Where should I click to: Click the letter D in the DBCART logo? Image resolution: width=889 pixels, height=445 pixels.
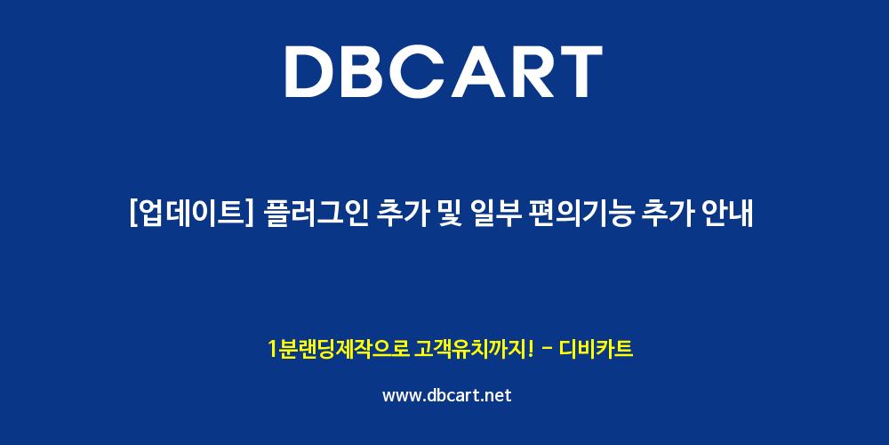[x=310, y=71]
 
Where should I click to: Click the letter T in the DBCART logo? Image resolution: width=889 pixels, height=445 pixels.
[x=580, y=71]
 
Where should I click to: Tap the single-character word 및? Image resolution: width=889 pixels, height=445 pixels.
[x=447, y=214]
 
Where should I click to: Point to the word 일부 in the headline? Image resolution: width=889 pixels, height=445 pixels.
[x=494, y=214]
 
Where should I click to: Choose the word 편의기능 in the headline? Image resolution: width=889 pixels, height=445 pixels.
[x=581, y=214]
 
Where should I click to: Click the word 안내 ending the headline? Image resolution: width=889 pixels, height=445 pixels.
[x=730, y=214]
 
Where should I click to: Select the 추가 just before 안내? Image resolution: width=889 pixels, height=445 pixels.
[x=669, y=214]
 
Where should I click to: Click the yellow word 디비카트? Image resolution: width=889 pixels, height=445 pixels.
[x=596, y=349]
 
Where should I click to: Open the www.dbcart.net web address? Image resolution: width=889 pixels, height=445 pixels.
[x=447, y=395]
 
